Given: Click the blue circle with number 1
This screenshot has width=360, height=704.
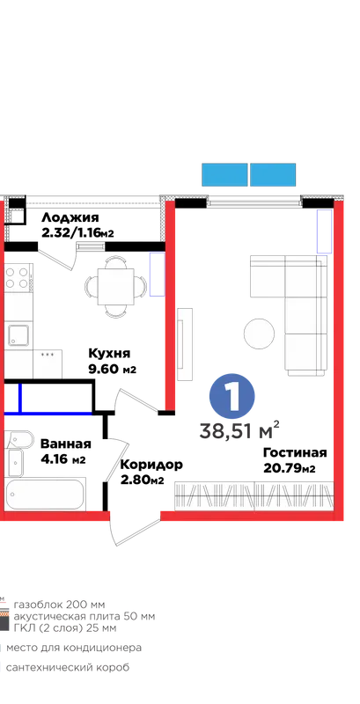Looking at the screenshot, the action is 232,396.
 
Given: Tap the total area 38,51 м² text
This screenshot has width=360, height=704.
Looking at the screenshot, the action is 239,430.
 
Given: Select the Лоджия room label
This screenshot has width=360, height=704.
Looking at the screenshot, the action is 70,218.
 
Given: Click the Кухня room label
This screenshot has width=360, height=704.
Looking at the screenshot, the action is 109,354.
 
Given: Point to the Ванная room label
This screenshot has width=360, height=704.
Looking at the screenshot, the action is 65,444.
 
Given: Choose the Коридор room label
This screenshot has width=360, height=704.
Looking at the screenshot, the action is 151,465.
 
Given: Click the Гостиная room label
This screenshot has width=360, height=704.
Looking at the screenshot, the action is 295,452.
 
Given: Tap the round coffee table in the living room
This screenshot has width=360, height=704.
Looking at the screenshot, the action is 259,334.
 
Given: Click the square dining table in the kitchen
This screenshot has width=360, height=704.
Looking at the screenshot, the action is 116,286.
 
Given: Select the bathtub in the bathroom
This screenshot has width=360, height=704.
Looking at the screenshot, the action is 46,495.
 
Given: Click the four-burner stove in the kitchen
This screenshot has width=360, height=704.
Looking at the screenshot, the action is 18,278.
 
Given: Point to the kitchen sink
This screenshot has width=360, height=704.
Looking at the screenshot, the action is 18,335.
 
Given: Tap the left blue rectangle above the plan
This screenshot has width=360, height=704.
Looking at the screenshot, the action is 224,174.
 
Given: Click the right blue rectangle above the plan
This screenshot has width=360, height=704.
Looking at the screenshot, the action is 273,174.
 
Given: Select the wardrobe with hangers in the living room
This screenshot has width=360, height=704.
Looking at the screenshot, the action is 254,496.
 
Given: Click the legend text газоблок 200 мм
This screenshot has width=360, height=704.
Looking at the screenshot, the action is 59,604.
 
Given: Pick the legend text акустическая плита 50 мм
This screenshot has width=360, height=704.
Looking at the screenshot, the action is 84,616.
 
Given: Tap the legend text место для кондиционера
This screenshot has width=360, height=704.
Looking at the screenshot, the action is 74,648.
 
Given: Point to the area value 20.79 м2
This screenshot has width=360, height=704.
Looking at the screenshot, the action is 290,469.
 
